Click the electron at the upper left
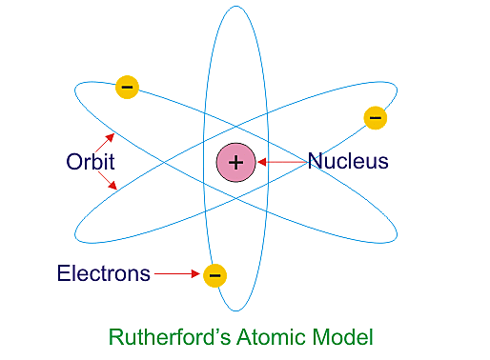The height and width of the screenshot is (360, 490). point(127,88)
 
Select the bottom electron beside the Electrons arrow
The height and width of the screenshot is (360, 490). point(215,275)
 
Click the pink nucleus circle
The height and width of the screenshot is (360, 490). point(235,162)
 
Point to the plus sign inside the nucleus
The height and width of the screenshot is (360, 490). point(235,162)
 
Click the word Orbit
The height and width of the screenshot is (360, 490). point(91,162)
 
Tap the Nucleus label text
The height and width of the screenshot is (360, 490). point(348,162)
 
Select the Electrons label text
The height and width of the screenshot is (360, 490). point(103,274)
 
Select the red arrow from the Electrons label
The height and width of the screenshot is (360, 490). point(177,274)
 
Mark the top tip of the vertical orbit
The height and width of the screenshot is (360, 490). point(235,8)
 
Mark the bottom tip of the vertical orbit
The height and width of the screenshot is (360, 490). point(235,311)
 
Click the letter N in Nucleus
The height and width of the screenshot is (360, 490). point(315,162)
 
